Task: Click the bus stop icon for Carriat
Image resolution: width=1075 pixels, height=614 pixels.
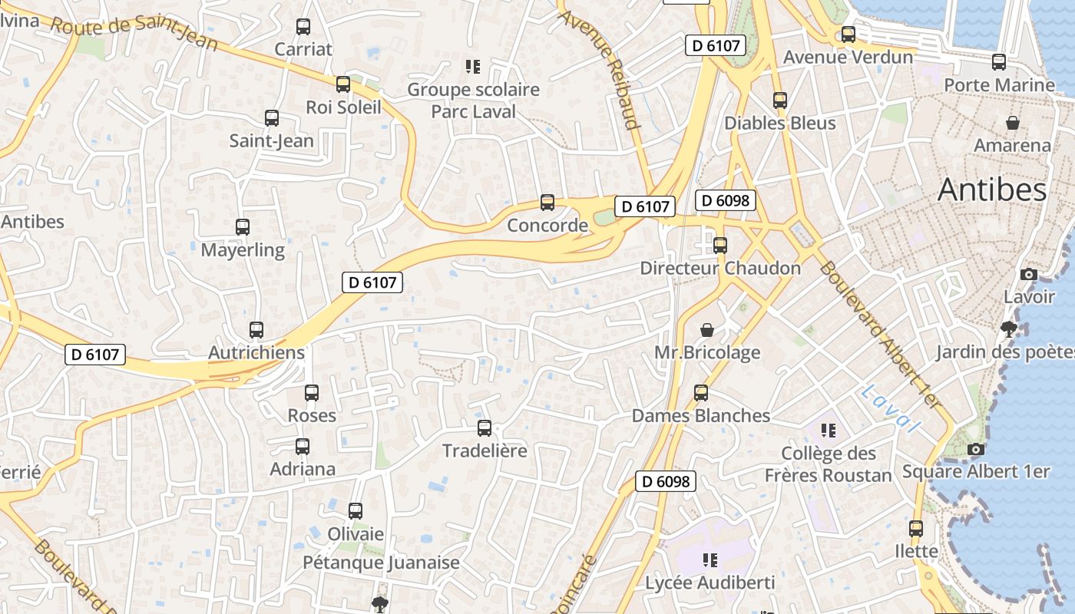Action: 303,27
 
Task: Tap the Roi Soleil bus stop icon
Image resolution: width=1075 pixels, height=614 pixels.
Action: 343,84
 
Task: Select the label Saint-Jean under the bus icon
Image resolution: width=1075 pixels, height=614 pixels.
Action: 271,141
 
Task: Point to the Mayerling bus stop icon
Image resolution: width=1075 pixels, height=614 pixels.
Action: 243,227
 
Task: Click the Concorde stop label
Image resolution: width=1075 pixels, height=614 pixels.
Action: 547,226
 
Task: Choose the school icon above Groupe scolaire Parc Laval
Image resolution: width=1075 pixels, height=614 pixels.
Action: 473,67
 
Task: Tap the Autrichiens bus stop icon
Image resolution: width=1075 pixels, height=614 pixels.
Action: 256,330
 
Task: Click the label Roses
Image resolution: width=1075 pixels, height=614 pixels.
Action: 312,416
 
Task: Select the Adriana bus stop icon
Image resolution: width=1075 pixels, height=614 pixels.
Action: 303,447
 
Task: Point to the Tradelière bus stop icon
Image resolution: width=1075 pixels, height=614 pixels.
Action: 485,428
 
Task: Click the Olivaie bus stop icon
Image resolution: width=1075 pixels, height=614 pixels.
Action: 356,511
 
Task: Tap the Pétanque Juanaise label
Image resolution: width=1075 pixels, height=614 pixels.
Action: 381,563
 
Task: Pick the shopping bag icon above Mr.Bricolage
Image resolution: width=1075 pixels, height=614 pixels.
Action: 707,330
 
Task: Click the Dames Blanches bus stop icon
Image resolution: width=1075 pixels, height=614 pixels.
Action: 701,393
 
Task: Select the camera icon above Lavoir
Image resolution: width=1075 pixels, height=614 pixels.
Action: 1029,274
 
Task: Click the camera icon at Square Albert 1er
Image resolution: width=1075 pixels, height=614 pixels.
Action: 976,449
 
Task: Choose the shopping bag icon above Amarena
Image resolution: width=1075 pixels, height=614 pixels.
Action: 1013,123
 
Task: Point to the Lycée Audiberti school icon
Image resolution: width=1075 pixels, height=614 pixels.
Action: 710,560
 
